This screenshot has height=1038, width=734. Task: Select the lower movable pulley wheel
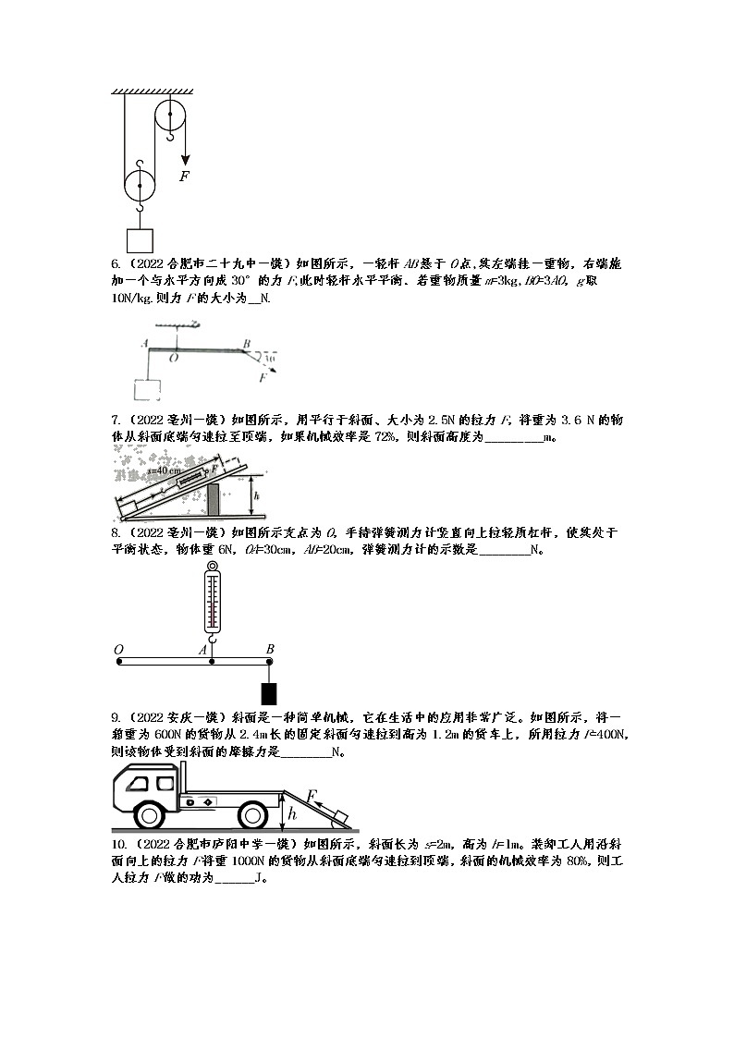(141, 185)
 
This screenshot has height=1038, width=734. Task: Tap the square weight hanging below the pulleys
(141, 240)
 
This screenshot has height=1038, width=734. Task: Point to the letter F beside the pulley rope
(185, 175)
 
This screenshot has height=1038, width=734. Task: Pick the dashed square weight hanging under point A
(148, 389)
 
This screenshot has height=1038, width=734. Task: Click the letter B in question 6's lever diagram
(246, 343)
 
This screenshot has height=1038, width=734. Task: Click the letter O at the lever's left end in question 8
(118, 650)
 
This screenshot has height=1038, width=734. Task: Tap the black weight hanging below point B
(269, 692)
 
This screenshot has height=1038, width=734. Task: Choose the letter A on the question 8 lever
(202, 650)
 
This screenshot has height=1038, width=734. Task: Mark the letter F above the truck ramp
(312, 795)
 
